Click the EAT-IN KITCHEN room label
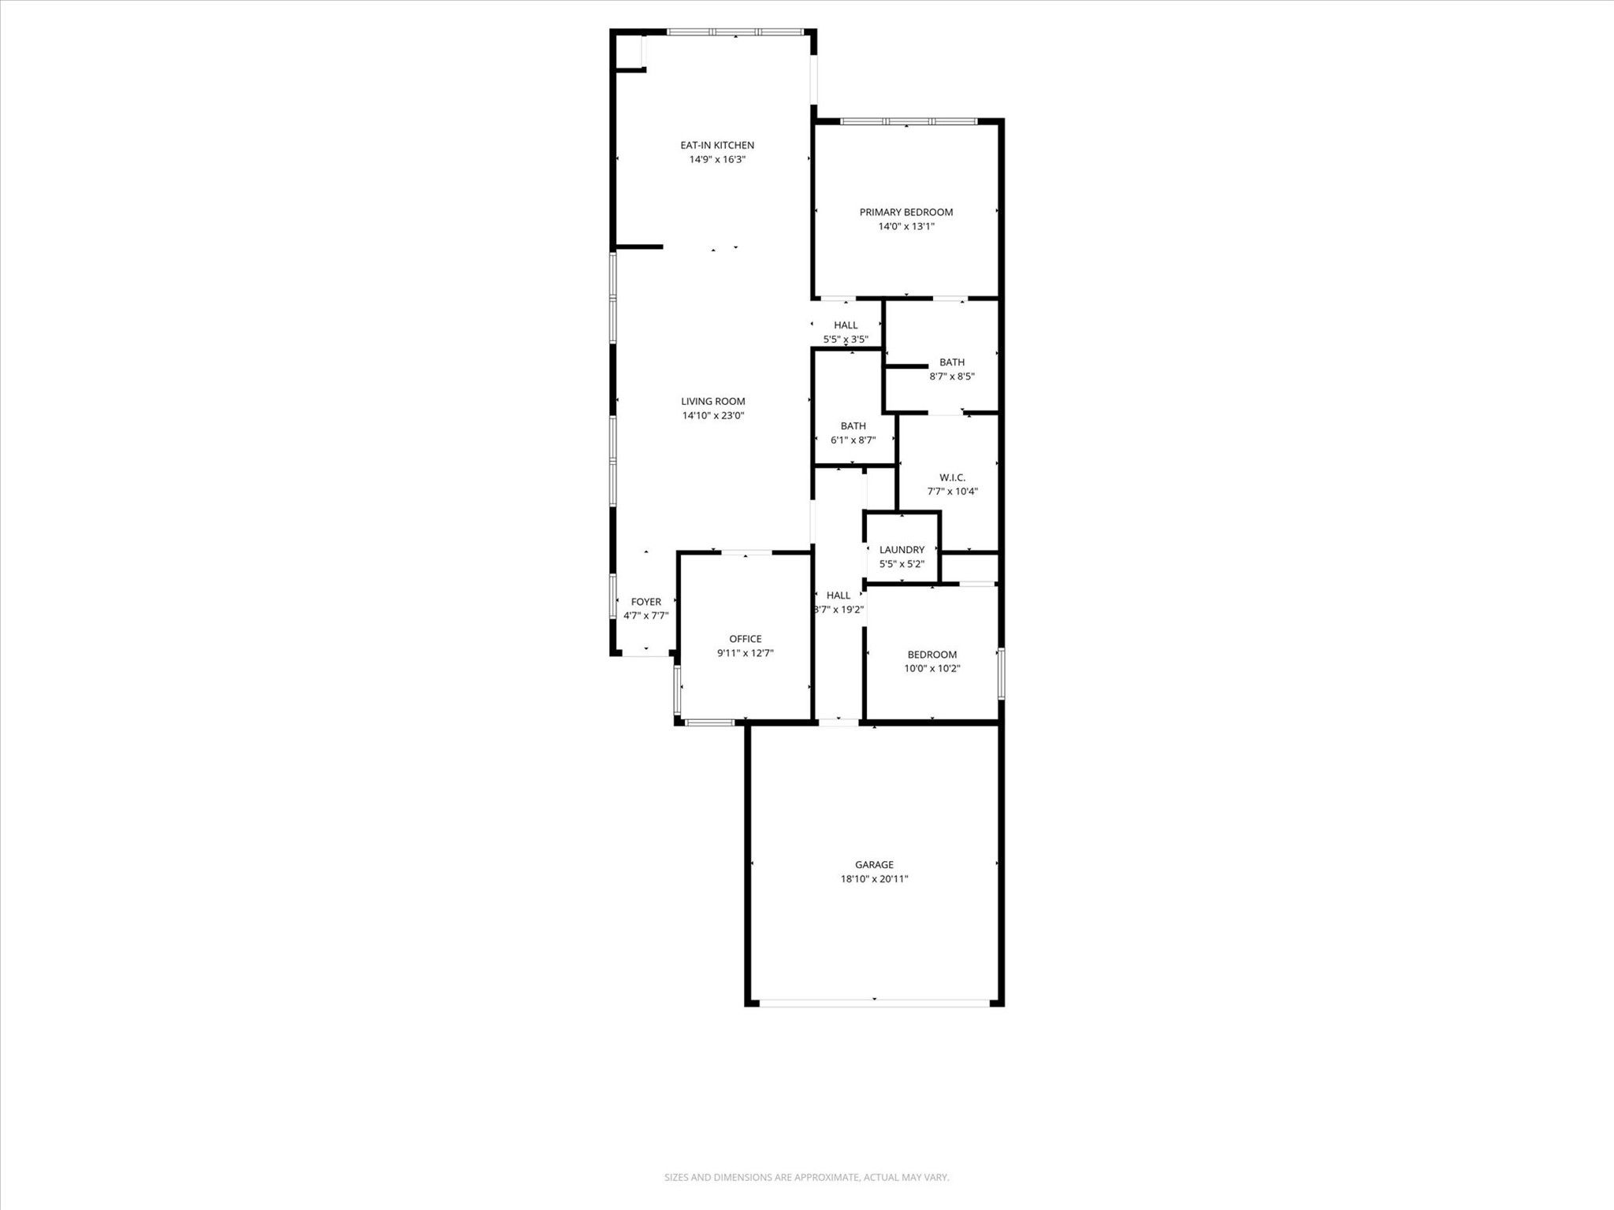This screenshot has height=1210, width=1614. [x=717, y=145]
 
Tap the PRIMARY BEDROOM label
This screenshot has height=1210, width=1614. [x=906, y=212]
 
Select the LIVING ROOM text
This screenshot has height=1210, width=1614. [x=713, y=401]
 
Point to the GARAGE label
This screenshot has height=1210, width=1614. [x=875, y=864]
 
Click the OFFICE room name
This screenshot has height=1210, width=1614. [x=746, y=639]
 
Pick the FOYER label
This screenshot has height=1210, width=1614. [x=646, y=602]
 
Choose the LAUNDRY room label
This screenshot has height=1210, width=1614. [x=902, y=550]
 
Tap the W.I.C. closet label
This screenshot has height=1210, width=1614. [x=953, y=477]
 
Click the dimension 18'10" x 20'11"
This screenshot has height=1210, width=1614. [x=875, y=878]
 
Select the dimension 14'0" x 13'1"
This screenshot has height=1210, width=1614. [x=906, y=226]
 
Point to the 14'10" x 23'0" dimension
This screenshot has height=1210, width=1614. [x=713, y=415]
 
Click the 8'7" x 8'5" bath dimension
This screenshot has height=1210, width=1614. [x=952, y=377]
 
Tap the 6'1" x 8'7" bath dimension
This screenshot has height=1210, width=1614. [x=853, y=440]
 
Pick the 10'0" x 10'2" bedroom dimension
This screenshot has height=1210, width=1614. [x=932, y=669]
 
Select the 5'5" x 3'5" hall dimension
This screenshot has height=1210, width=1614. [x=846, y=340]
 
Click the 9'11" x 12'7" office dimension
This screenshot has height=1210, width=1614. [x=746, y=653]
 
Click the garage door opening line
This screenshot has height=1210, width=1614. [x=875, y=1003]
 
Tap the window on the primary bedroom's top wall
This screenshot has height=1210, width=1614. [x=909, y=121]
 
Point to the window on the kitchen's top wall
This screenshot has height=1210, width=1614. [x=735, y=32]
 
